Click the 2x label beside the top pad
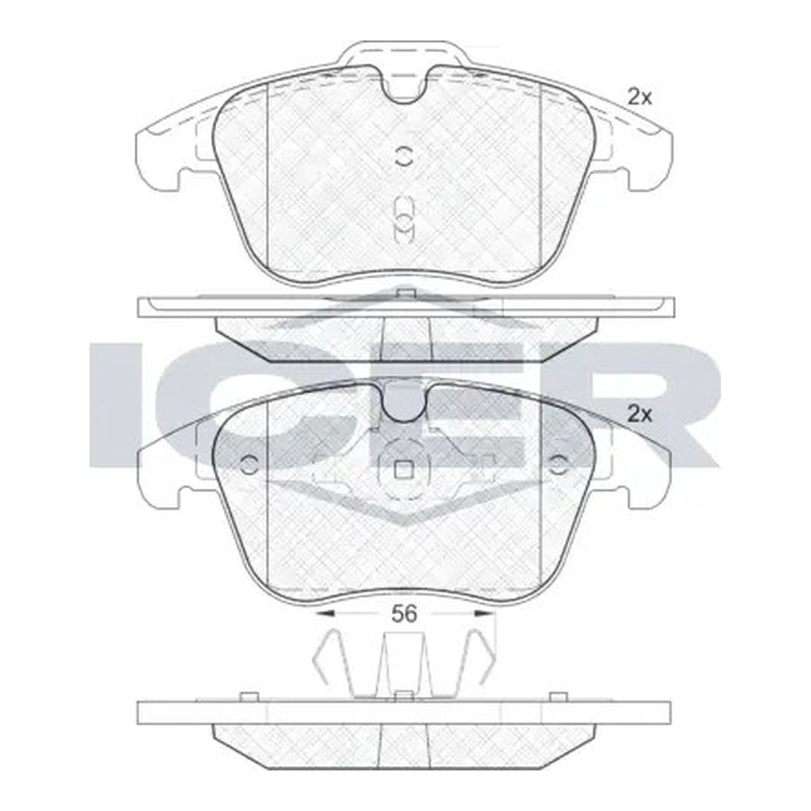click(x=640, y=98)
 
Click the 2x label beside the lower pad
click(x=640, y=415)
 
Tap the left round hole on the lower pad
click(x=249, y=464)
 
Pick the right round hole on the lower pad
click(x=559, y=464)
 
